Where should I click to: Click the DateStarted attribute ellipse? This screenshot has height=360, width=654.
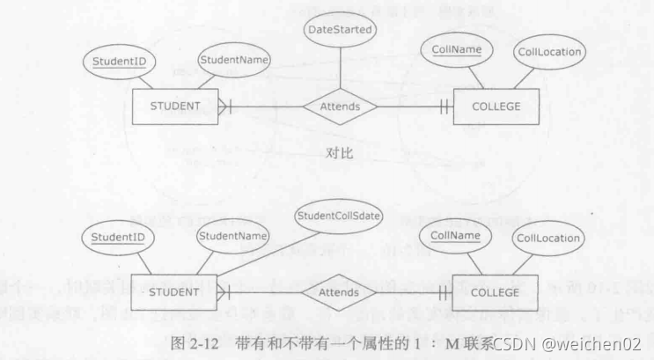click(339, 29)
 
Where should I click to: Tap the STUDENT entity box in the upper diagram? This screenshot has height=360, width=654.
click(176, 107)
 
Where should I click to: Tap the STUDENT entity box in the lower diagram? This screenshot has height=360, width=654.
click(176, 291)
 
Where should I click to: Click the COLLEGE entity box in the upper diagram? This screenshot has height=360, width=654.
click(496, 107)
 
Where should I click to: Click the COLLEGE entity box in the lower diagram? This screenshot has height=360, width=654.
click(496, 291)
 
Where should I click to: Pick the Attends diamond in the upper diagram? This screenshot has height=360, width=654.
click(339, 107)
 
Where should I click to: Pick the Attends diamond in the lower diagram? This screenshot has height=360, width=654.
click(339, 290)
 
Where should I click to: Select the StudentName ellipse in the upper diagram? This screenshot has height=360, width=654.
click(232, 60)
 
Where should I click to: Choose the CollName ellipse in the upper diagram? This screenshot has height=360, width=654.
click(456, 50)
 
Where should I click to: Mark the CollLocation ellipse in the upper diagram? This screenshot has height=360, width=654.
click(548, 52)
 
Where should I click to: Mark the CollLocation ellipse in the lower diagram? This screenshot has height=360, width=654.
click(548, 238)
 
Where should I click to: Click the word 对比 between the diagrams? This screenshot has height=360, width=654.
click(339, 154)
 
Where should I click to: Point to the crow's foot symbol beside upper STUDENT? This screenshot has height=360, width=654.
click(225, 107)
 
